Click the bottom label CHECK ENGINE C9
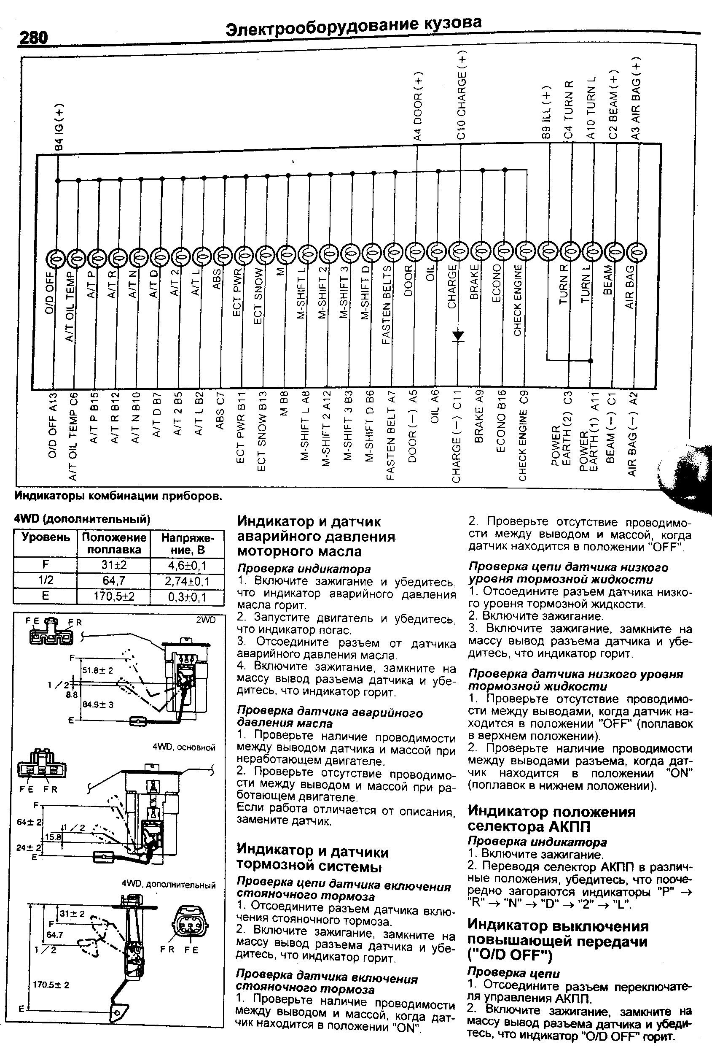[x=524, y=435]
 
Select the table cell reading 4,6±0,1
[x=187, y=566]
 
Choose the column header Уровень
[x=46, y=537]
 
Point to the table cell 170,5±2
[x=113, y=597]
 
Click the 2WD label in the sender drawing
[x=206, y=620]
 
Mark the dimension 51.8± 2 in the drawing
[x=97, y=670]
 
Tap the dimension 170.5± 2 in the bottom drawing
[x=51, y=985]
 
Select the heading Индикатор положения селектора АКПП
[x=551, y=818]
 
